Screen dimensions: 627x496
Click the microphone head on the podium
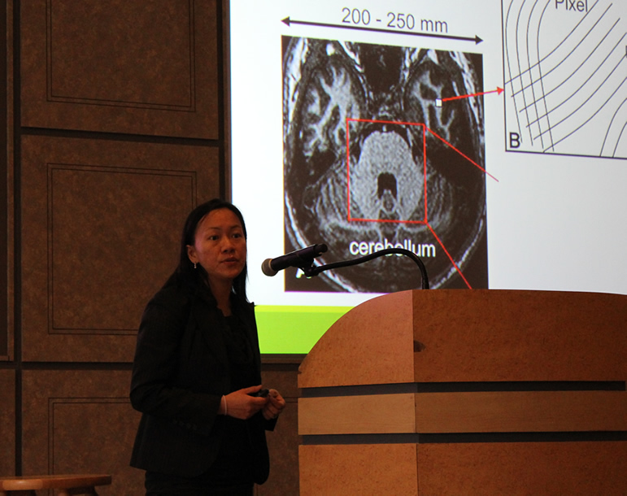point(272,266)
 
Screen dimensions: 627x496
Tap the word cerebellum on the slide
point(392,249)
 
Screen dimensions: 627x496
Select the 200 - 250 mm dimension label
point(394,21)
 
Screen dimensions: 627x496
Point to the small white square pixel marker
point(438,102)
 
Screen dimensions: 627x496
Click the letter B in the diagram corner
point(514,141)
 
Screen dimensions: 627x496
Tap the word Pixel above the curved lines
point(571,5)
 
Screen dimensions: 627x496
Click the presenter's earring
point(195,264)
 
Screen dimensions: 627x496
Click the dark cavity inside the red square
point(386,183)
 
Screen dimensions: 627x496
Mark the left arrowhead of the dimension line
point(285,21)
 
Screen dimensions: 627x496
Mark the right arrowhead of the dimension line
point(479,39)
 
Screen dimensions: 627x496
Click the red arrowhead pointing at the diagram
point(500,91)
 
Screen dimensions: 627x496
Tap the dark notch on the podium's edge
point(417,346)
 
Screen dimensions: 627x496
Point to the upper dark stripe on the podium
point(463,387)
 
